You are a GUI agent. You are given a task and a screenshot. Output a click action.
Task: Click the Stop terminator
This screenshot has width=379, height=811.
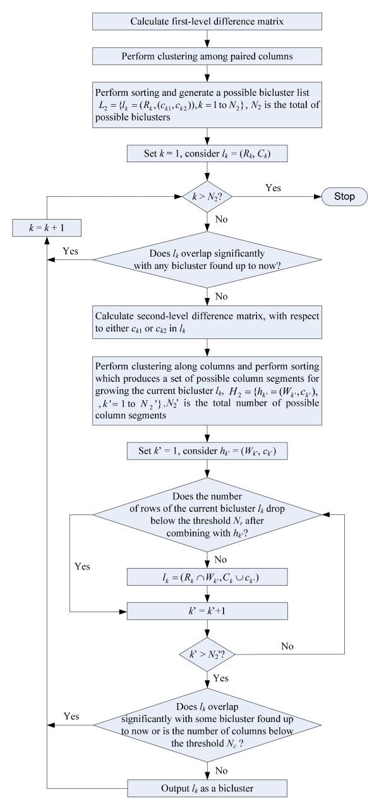(347, 196)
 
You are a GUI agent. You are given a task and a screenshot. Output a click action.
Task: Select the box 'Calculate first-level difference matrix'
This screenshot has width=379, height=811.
(208, 20)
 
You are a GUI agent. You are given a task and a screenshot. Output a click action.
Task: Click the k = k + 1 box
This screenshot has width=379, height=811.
(47, 225)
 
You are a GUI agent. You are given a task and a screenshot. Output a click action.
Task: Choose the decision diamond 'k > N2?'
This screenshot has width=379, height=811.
(208, 196)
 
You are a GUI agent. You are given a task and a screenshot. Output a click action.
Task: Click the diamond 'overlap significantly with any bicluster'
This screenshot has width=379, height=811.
(208, 259)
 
